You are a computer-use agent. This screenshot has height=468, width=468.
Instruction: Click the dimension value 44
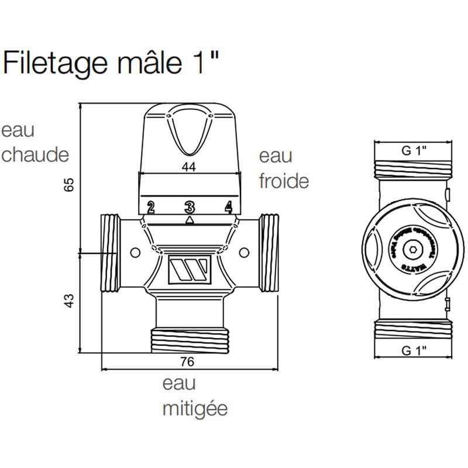pos(188,167)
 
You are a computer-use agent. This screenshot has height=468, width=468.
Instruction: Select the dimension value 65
pos(70,185)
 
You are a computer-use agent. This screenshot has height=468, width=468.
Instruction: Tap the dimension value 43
pos(70,302)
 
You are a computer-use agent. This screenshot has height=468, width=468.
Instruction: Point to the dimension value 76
pos(187,362)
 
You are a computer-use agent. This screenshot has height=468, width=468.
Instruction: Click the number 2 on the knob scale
pos(150,207)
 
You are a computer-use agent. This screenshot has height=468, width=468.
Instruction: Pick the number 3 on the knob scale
pos(189,207)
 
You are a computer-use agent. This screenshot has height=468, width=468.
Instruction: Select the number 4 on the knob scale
pos(228,207)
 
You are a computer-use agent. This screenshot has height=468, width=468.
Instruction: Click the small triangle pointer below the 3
pos(189,219)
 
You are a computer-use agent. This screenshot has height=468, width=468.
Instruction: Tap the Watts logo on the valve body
pos(188,270)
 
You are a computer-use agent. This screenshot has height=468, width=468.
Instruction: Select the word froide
pos(284,181)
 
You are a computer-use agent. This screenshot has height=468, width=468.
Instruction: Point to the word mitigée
pos(194,408)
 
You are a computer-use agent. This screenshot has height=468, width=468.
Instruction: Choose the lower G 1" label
pos(414,350)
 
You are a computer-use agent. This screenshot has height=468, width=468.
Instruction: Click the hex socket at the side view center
pos(413,250)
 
